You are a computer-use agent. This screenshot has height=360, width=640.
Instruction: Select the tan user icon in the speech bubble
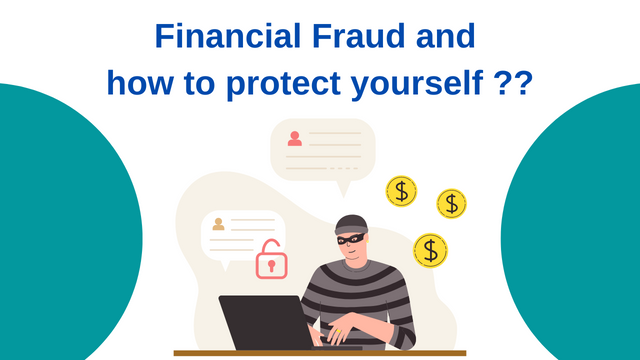point(219,224)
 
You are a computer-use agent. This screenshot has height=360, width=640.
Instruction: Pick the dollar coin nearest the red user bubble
point(402,191)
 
